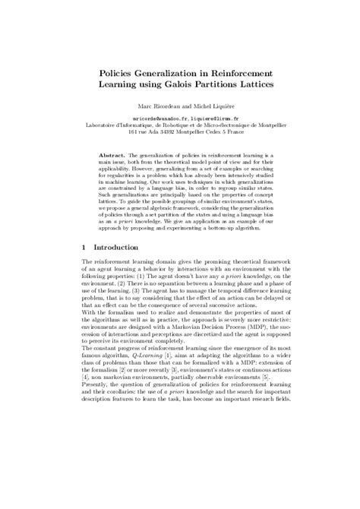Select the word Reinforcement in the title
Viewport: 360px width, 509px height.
[x=255, y=66]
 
